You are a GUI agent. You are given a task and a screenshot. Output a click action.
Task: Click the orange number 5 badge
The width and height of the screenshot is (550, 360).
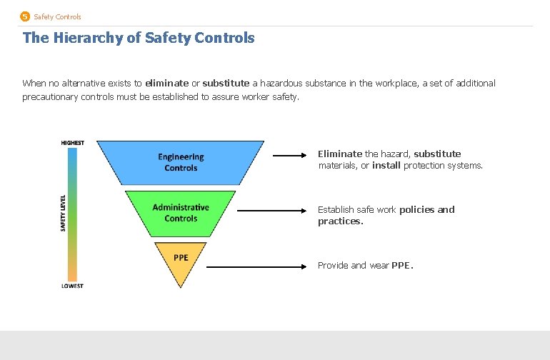[x=25, y=16]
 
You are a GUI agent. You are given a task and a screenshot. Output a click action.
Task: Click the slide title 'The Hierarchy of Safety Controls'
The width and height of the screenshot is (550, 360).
[x=139, y=38]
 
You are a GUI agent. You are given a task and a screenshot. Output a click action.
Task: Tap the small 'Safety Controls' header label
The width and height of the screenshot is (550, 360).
[x=57, y=16]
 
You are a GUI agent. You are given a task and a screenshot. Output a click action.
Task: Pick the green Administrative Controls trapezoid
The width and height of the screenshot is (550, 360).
[x=181, y=213]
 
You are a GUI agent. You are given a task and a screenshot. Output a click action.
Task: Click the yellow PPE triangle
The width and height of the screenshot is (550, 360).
[x=181, y=261]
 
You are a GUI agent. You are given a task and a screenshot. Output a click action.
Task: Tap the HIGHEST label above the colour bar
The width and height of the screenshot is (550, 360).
[x=72, y=142]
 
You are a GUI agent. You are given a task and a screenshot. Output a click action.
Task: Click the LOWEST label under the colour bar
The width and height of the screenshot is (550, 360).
[x=72, y=286]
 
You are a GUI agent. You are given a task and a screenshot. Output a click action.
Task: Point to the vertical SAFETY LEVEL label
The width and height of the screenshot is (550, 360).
[x=62, y=213]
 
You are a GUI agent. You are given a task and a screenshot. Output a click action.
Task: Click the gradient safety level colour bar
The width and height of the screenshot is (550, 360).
[x=72, y=214]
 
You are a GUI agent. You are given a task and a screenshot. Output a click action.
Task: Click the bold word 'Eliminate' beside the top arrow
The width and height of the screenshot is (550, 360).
[x=340, y=154]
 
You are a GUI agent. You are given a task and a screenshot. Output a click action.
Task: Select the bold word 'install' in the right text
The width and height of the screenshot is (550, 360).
[x=386, y=166]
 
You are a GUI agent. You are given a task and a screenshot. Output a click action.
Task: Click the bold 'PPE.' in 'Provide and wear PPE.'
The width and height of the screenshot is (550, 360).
[x=402, y=266]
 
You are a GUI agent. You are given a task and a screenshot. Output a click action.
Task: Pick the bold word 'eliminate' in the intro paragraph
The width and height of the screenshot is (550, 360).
[x=166, y=84]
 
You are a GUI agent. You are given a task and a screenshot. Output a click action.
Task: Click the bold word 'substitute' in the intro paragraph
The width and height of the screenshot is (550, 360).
[x=226, y=84]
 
